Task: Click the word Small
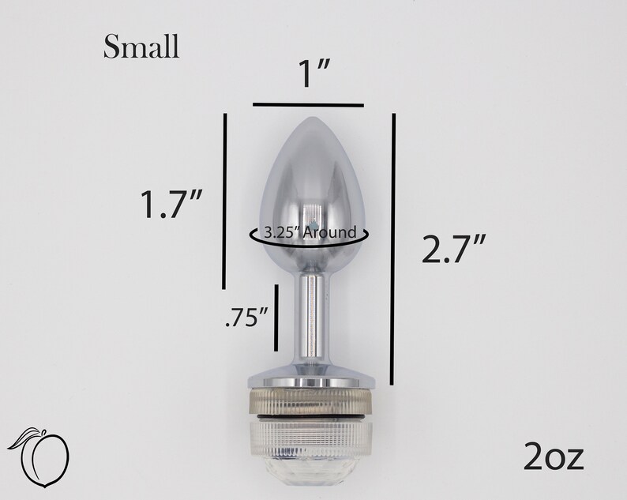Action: pyautogui.click(x=141, y=47)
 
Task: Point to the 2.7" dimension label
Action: pyautogui.click(x=454, y=249)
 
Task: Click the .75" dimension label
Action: pyautogui.click(x=246, y=318)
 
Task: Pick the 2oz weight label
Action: pyautogui.click(x=554, y=456)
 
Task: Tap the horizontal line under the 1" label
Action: pyautogui.click(x=308, y=105)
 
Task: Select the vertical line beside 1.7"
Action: pyautogui.click(x=225, y=201)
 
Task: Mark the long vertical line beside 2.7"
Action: pyautogui.click(x=393, y=249)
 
